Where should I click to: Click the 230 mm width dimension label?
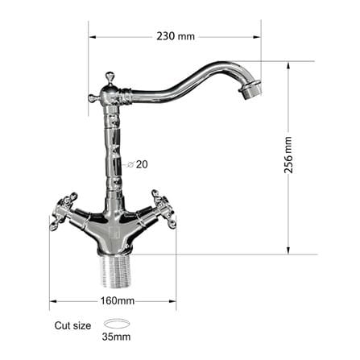[176, 36]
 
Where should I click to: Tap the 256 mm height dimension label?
[288, 155]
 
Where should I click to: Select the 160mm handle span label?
[118, 300]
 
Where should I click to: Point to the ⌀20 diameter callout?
[137, 164]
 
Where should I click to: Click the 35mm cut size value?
[116, 337]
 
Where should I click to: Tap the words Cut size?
[72, 325]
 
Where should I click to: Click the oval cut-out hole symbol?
[117, 323]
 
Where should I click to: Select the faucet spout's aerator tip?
[250, 89]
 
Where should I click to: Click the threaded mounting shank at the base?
[114, 271]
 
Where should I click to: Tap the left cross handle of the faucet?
[64, 211]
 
